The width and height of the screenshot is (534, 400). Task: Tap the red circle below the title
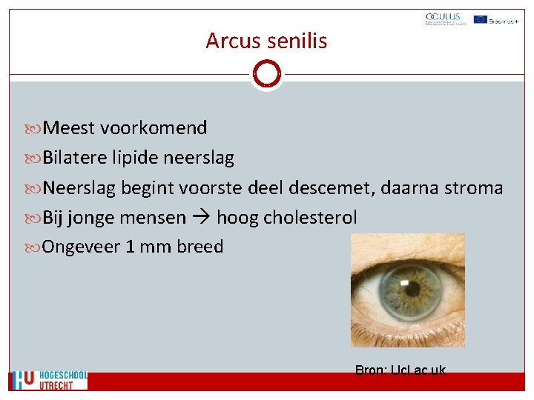266,74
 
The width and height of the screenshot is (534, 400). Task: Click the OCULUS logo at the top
443,19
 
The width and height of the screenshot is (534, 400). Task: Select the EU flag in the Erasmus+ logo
480,19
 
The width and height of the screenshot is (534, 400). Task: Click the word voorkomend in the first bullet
154,128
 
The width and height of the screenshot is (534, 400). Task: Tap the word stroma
474,188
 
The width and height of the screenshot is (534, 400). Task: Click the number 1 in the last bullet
131,247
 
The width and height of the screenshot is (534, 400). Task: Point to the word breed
200,247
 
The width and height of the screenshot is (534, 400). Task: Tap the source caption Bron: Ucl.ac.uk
400,370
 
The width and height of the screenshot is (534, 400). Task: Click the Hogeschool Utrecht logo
49,380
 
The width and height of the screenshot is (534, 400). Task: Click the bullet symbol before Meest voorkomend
35,129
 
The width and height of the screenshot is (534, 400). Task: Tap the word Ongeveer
82,247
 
